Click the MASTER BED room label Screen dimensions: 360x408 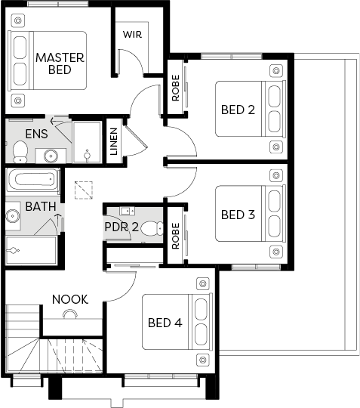point(60,63)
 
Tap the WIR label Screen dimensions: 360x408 point(133,34)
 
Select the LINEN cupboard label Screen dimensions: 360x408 point(114,141)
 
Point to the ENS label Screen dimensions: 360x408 point(37,134)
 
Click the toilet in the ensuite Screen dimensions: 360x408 point(20,151)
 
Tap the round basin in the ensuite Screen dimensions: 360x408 point(51,156)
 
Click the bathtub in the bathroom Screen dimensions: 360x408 point(32,180)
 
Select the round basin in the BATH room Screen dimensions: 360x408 point(13,215)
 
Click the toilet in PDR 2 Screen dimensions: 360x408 point(152,227)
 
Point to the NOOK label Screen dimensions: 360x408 point(70,299)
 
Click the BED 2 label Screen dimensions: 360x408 point(238,110)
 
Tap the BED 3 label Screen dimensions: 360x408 point(238,215)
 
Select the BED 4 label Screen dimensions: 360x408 point(165,323)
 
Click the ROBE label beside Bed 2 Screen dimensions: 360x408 point(176,88)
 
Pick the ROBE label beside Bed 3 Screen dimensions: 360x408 point(176,236)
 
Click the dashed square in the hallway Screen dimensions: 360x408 point(84,190)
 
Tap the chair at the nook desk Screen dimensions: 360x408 point(70,314)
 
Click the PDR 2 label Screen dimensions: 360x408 point(122,227)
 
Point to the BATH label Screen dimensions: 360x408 point(41,206)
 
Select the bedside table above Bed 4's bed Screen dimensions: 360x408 point(203,283)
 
